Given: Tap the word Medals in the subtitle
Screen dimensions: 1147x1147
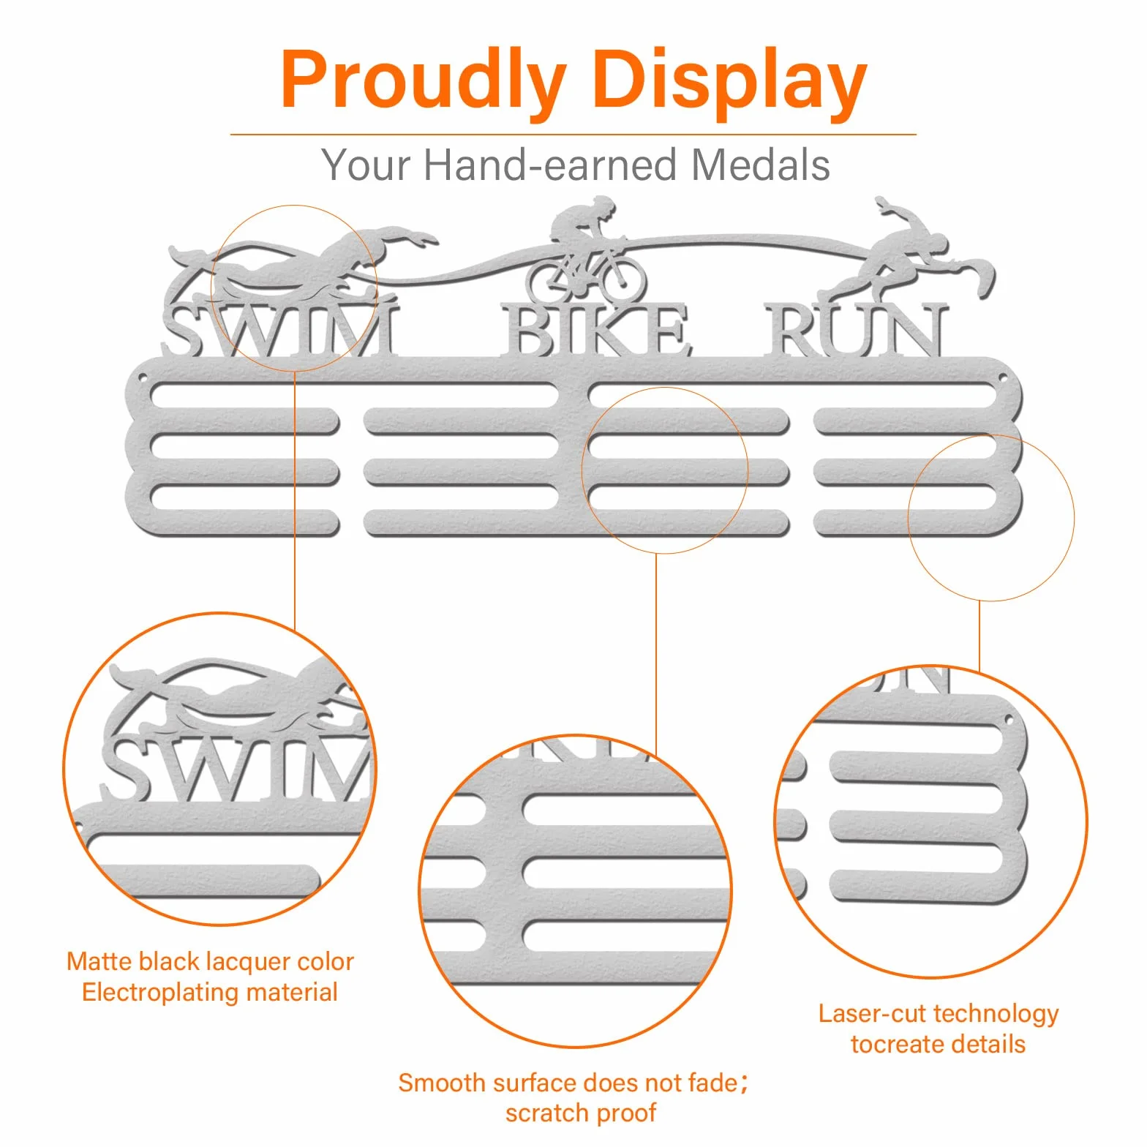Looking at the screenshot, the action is click(x=761, y=165).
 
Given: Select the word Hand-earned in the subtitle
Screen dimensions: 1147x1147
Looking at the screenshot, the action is click(x=551, y=165).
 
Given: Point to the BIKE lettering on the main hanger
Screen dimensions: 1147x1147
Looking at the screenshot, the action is click(x=596, y=331).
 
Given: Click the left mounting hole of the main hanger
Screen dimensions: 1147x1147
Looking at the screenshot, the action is click(x=143, y=380).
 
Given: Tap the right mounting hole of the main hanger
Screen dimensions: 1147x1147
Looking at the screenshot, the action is click(x=1004, y=380).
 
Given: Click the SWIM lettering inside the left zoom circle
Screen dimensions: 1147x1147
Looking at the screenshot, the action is click(x=238, y=768).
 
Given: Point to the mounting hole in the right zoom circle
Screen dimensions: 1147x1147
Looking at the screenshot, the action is click(x=1009, y=719).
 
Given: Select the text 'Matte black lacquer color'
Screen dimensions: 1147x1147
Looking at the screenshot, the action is click(x=210, y=961).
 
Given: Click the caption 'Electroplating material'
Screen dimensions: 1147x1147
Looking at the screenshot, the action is click(x=210, y=992).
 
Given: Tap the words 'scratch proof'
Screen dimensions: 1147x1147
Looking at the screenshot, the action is click(x=581, y=1113).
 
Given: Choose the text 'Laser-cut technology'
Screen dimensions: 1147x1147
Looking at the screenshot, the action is click(x=939, y=1013).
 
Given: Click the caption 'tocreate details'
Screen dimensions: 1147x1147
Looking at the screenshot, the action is click(x=939, y=1044).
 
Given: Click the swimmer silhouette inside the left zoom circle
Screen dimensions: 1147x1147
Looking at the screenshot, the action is click(x=241, y=699).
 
